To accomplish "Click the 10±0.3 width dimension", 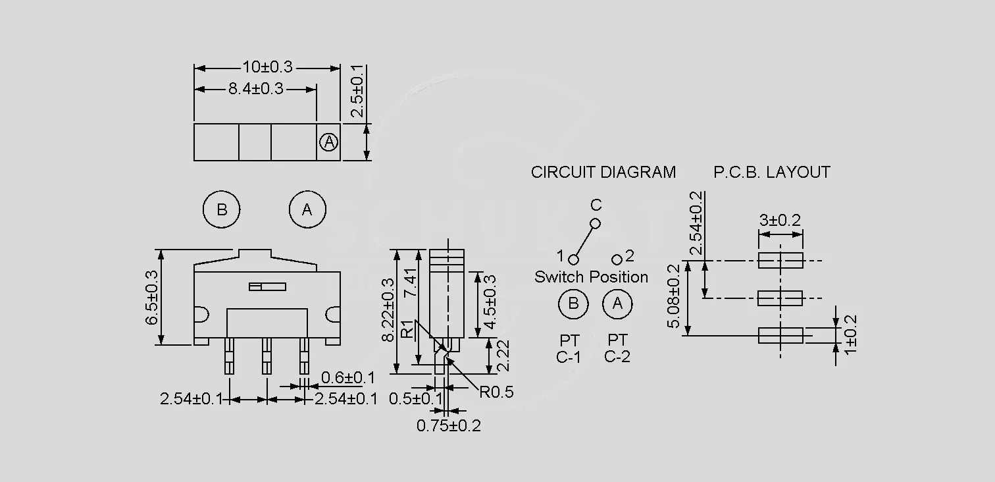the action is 267,67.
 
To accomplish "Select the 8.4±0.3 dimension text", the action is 256,89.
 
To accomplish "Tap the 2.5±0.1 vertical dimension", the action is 357,91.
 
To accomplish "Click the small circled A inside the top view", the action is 329,142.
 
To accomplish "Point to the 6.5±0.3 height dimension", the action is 152,298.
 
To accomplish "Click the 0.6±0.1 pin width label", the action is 348,378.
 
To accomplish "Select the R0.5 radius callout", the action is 496,392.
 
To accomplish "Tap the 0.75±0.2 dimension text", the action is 449,426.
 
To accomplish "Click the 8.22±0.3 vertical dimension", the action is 388,310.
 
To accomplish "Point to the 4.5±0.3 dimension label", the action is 490,302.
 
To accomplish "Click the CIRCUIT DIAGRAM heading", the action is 603,172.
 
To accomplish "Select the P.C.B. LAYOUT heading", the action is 772,172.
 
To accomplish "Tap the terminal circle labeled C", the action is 595,223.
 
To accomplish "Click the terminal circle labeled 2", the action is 617,259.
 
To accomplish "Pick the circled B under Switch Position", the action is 573,304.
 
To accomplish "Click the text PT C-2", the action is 617,348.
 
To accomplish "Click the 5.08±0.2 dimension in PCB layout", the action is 674,296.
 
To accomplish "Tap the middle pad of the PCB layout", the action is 780,298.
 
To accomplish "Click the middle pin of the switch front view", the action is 267,356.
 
